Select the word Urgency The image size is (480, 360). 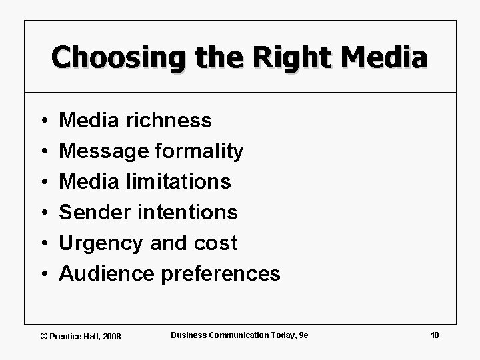click(x=101, y=243)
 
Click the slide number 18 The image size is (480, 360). click(x=435, y=335)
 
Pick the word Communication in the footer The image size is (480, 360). click(x=236, y=335)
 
